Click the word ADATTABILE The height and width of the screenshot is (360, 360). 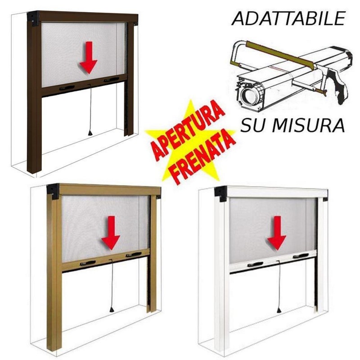coord(288,18)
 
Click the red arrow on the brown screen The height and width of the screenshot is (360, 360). coord(88,58)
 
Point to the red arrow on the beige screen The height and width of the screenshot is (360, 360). coord(111,233)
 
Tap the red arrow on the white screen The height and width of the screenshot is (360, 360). coord(277,233)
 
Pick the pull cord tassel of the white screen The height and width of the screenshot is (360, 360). coord(279,310)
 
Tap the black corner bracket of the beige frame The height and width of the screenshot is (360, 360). coord(53,191)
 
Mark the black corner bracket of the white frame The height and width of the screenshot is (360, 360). coord(220,193)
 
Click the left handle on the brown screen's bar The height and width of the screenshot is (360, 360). coord(67,88)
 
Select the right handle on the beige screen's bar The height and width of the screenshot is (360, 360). coord(134,255)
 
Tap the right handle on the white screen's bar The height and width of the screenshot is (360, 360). coord(301,256)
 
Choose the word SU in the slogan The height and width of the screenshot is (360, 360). coord(252,126)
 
